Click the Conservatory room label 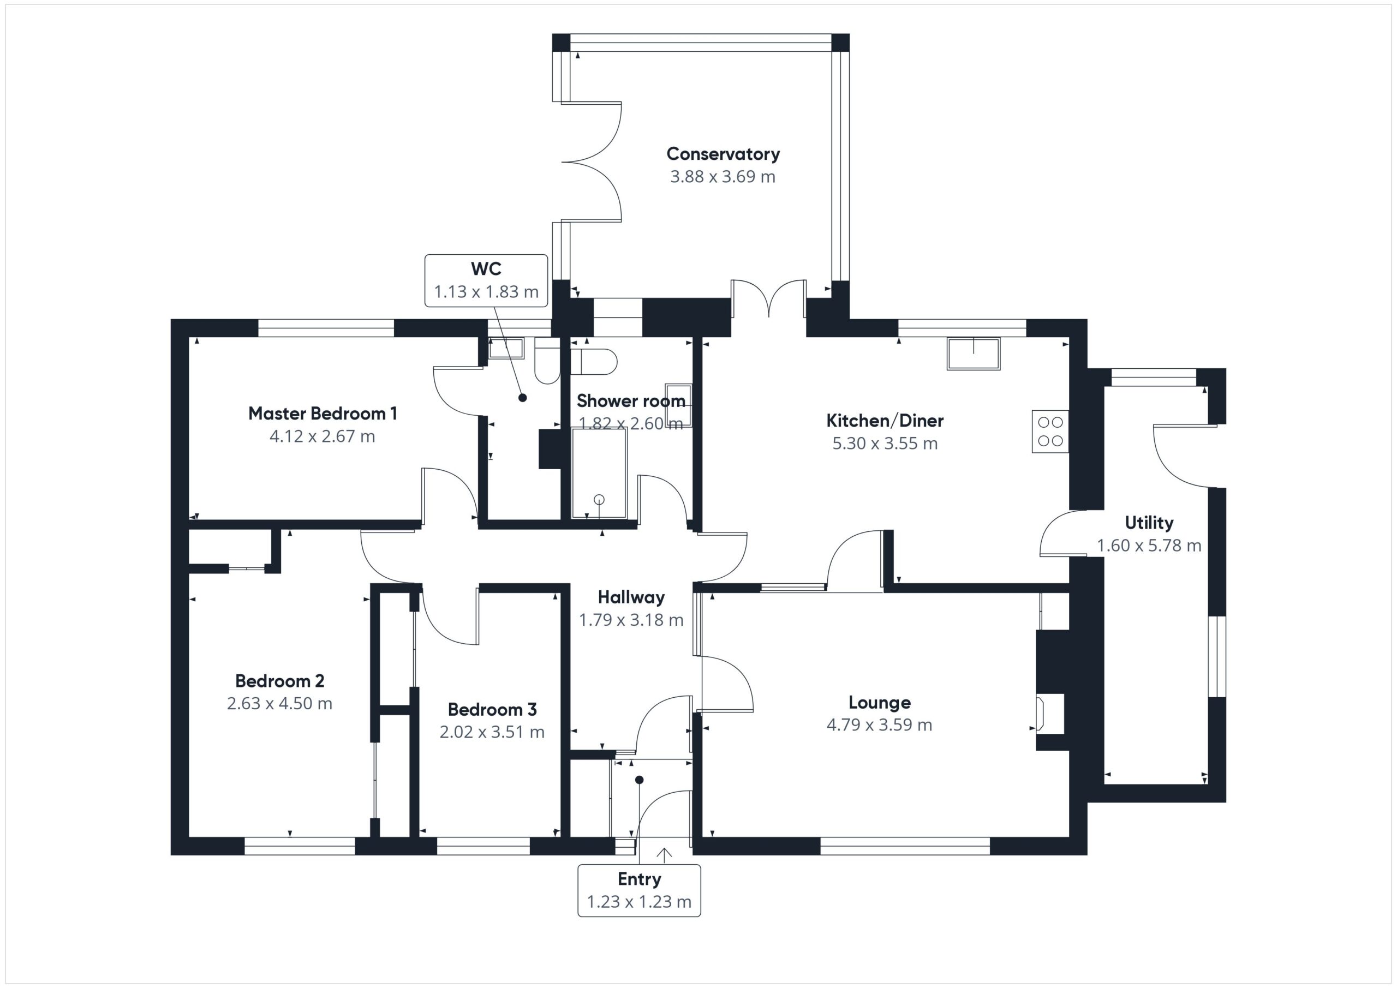tap(723, 154)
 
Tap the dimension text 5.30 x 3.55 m tap(885, 443)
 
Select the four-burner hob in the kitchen tap(1050, 432)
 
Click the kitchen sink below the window tap(974, 354)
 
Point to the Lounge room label tap(880, 703)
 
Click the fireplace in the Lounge tap(1049, 713)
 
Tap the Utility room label tap(1149, 523)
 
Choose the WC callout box tap(486, 280)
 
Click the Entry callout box tap(639, 891)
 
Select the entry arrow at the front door tap(664, 855)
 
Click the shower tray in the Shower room tap(599, 474)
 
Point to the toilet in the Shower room tap(594, 361)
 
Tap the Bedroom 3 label tap(492, 709)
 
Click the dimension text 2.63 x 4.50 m tap(279, 703)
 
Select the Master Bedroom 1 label tap(323, 414)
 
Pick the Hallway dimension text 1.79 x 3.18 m tap(631, 620)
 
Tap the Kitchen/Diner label tap(885, 421)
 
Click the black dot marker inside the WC tap(522, 398)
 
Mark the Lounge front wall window tap(905, 846)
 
